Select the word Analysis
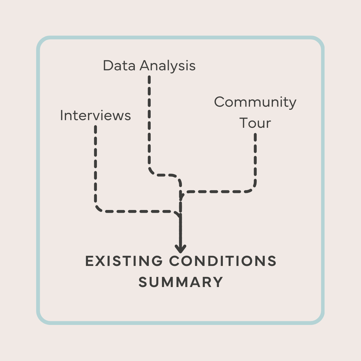pos(168,66)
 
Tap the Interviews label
pos(95,116)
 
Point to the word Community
pos(255,102)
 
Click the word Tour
pos(255,123)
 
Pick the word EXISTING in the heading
pos(124,261)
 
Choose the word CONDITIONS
pos(223,261)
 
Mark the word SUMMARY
pos(181,282)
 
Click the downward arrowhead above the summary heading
pos(181,249)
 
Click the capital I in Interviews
pos(61,116)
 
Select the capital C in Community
pos(220,102)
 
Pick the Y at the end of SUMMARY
pos(218,282)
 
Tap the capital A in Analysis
pos(145,65)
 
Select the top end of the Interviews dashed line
pos(95,127)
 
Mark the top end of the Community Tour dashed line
pos(255,134)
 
